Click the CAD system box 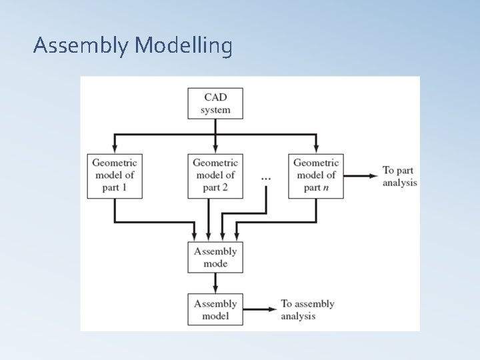coord(215,103)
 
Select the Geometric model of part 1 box coord(114,175)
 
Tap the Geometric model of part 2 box coord(215,175)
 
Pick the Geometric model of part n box coord(316,175)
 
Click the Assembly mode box coord(215,257)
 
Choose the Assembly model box coord(215,309)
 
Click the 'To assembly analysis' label coord(307,310)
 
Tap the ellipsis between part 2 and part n coord(266,179)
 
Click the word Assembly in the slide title coord(81,46)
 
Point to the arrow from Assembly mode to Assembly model coord(215,283)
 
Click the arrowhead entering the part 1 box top coord(114,149)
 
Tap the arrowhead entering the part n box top coord(316,149)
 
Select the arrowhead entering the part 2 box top coord(215,149)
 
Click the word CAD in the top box coord(215,97)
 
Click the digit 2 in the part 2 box coord(225,187)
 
